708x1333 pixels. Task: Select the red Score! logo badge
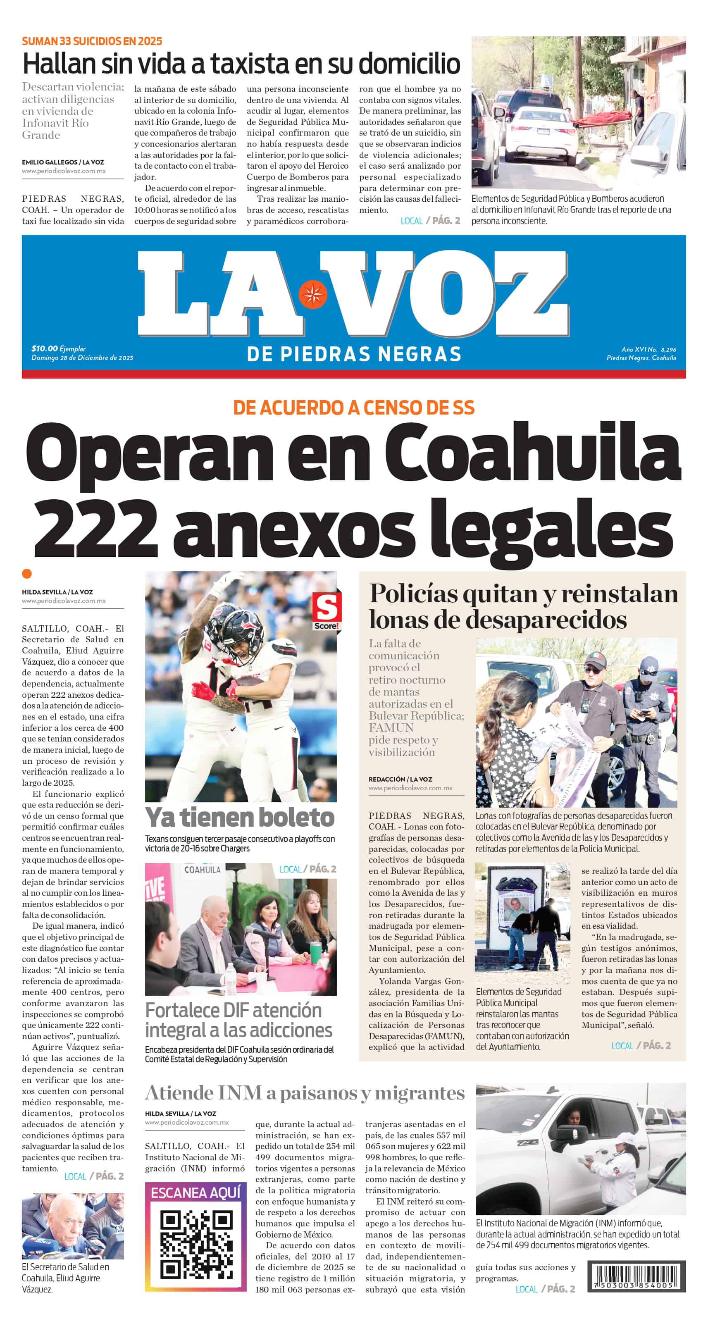pyautogui.click(x=326, y=611)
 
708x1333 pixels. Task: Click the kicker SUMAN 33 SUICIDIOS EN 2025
pyautogui.click(x=92, y=41)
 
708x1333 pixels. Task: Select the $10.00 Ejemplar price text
pyautogui.click(x=58, y=349)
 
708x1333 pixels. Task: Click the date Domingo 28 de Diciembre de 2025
pyautogui.click(x=82, y=358)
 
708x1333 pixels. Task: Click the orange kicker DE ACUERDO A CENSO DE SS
pyautogui.click(x=353, y=408)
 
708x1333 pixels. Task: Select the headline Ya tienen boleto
pyautogui.click(x=240, y=818)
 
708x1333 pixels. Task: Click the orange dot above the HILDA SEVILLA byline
pyautogui.click(x=27, y=573)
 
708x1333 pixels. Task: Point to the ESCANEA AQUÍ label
pyautogui.click(x=195, y=1193)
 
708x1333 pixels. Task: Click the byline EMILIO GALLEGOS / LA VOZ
pyautogui.click(x=63, y=162)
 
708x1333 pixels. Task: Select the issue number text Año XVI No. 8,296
pyautogui.click(x=648, y=349)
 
